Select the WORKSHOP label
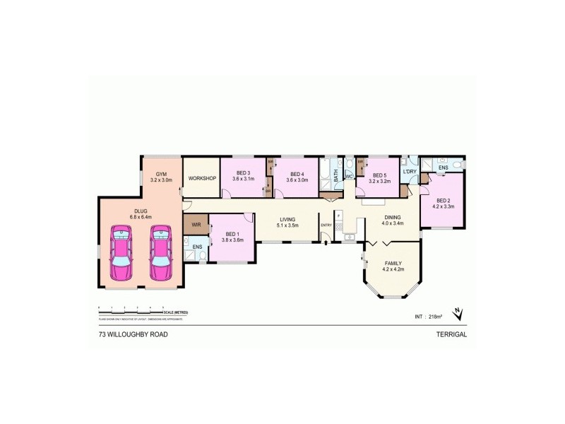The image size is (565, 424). [x=201, y=178]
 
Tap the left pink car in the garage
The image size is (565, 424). [x=121, y=252]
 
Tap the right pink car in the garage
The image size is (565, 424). [x=161, y=252]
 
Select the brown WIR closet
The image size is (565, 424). [x=196, y=225]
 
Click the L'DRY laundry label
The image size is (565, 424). [x=409, y=172]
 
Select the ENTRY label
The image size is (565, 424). [x=326, y=225]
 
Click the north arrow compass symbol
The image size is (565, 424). [x=458, y=312]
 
